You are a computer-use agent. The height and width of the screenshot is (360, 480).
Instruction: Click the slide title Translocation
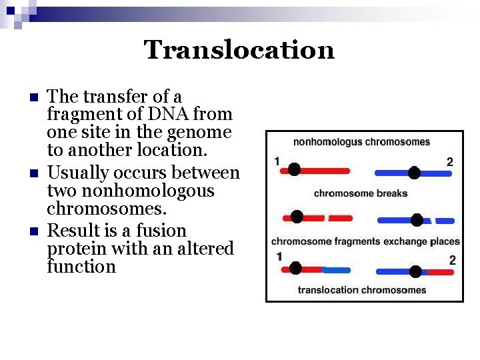(x=239, y=50)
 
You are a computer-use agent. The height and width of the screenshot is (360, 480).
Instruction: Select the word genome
(x=200, y=133)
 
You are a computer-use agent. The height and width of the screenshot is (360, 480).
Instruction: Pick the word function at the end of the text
(x=81, y=267)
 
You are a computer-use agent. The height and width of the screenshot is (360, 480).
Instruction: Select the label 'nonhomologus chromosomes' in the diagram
(x=361, y=142)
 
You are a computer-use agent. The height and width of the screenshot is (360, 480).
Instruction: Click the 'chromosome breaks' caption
(x=360, y=194)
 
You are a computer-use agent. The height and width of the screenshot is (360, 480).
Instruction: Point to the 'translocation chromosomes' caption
(x=362, y=290)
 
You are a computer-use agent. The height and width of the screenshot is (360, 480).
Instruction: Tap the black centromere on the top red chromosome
(x=294, y=169)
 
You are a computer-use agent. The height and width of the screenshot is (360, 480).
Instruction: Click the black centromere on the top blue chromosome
(x=414, y=173)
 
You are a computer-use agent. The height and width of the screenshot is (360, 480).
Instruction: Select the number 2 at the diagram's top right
(x=450, y=162)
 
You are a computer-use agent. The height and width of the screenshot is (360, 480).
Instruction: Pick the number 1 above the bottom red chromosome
(x=279, y=257)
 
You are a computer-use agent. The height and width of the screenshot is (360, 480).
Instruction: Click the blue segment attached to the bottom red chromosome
(x=337, y=270)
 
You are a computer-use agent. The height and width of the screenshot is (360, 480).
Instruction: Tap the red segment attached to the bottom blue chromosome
(x=440, y=272)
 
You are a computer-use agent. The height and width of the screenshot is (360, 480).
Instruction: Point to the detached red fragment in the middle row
(x=341, y=218)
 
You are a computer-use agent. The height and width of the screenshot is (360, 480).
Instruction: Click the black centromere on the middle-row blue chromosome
(x=417, y=220)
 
